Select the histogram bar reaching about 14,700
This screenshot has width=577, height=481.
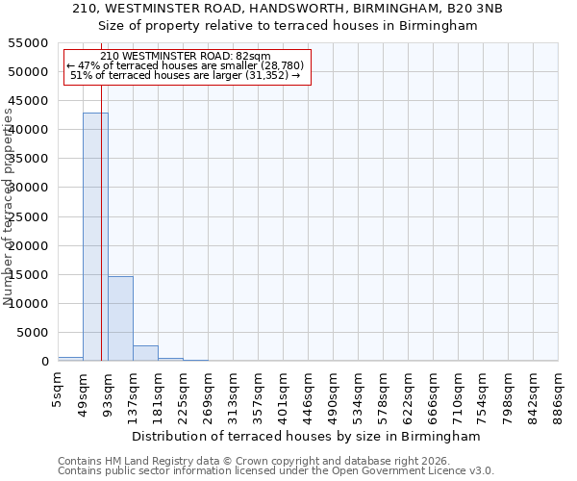coord(120,318)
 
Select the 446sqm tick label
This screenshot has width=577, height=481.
coord(308,393)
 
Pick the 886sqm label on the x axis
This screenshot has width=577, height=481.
coord(558,393)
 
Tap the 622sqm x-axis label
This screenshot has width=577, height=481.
coord(408,393)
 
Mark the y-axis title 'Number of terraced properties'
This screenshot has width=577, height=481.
coord(9,207)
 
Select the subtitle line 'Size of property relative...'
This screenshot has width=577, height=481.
coord(288,26)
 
